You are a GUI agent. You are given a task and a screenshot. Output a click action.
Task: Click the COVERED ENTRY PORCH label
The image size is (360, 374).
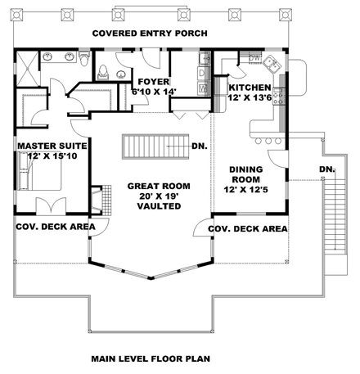tap(149, 34)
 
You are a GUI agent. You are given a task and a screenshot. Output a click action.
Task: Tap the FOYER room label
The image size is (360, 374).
tap(152, 82)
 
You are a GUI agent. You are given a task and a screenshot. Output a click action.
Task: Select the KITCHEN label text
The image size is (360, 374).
tap(249, 87)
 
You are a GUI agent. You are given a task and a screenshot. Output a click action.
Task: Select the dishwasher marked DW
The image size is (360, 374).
tap(254, 58)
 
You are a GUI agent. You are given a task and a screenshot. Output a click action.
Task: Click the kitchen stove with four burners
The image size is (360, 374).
tap(281, 99)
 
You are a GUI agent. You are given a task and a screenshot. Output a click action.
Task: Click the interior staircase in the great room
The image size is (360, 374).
tap(155, 146)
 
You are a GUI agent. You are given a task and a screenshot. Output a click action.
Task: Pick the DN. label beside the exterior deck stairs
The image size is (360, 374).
tap(326, 169)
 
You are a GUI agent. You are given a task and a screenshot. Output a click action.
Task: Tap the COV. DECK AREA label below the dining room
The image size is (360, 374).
tap(249, 229)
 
